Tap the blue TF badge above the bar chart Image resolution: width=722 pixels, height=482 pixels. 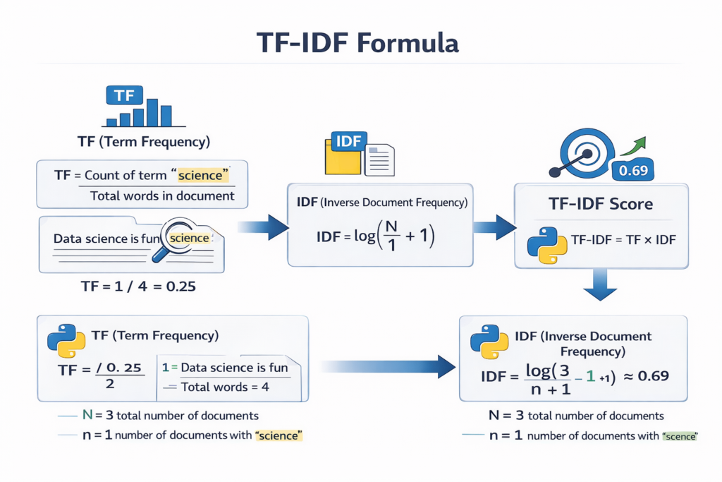pyautogui.click(x=124, y=95)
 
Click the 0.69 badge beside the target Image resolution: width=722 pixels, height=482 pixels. pyautogui.click(x=632, y=170)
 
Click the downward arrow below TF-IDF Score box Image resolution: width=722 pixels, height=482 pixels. pyautogui.click(x=601, y=286)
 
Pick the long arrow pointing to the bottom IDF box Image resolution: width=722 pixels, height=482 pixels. pyautogui.click(x=388, y=366)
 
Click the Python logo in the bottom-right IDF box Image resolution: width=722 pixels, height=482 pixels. pyautogui.click(x=489, y=342)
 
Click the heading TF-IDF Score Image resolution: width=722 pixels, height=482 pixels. pyautogui.click(x=601, y=204)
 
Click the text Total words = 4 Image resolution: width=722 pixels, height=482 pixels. pyautogui.click(x=225, y=387)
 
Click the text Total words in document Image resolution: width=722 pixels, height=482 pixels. pyautogui.click(x=162, y=195)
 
